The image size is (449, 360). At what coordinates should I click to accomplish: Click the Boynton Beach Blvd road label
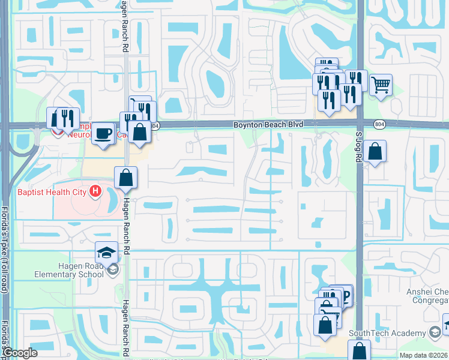[x=268, y=124]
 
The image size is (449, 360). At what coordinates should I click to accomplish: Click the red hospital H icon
[x=94, y=192]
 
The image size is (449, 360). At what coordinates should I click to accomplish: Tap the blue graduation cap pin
[x=106, y=252]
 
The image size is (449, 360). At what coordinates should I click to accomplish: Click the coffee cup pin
[x=103, y=132]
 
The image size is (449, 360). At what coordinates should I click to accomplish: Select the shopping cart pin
[x=381, y=85]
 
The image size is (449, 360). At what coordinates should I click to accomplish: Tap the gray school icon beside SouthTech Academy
[x=435, y=332]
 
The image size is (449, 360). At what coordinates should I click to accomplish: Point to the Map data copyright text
[x=423, y=355]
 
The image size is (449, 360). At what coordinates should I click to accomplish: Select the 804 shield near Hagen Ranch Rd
[x=155, y=126]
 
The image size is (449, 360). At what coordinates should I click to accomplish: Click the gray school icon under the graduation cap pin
[x=112, y=270]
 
